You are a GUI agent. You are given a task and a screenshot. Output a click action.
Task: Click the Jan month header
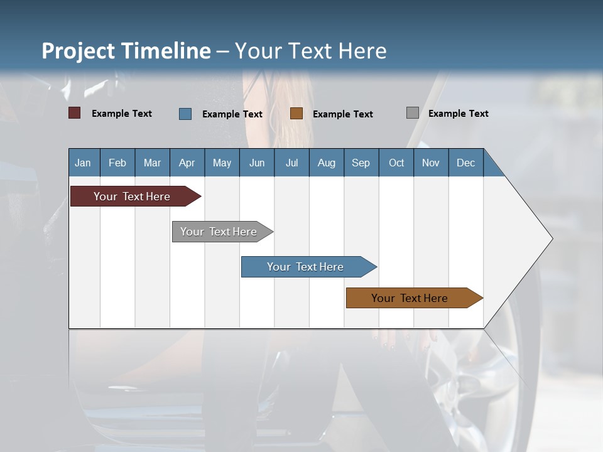(x=83, y=163)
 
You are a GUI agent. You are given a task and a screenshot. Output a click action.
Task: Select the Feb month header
(x=117, y=163)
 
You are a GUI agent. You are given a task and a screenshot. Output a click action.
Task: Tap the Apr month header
(x=187, y=163)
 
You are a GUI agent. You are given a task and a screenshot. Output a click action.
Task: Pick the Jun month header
(x=257, y=163)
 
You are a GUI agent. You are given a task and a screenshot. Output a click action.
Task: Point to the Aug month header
(x=326, y=163)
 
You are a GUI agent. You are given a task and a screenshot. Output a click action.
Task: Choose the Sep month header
(x=361, y=163)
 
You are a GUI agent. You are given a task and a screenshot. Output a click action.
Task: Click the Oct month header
(x=396, y=163)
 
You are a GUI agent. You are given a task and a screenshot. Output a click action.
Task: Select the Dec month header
(x=465, y=163)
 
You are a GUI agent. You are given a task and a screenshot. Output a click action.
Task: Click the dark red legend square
(x=75, y=113)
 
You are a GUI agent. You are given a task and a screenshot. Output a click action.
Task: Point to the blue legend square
(x=185, y=114)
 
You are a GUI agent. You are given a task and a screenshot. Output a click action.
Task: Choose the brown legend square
(x=296, y=113)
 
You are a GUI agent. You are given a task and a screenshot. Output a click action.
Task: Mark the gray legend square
(x=413, y=113)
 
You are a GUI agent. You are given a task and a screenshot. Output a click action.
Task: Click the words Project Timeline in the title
(x=126, y=51)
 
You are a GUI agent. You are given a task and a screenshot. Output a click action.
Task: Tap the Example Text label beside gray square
(x=458, y=114)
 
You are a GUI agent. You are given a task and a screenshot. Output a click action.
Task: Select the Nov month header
(x=430, y=163)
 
